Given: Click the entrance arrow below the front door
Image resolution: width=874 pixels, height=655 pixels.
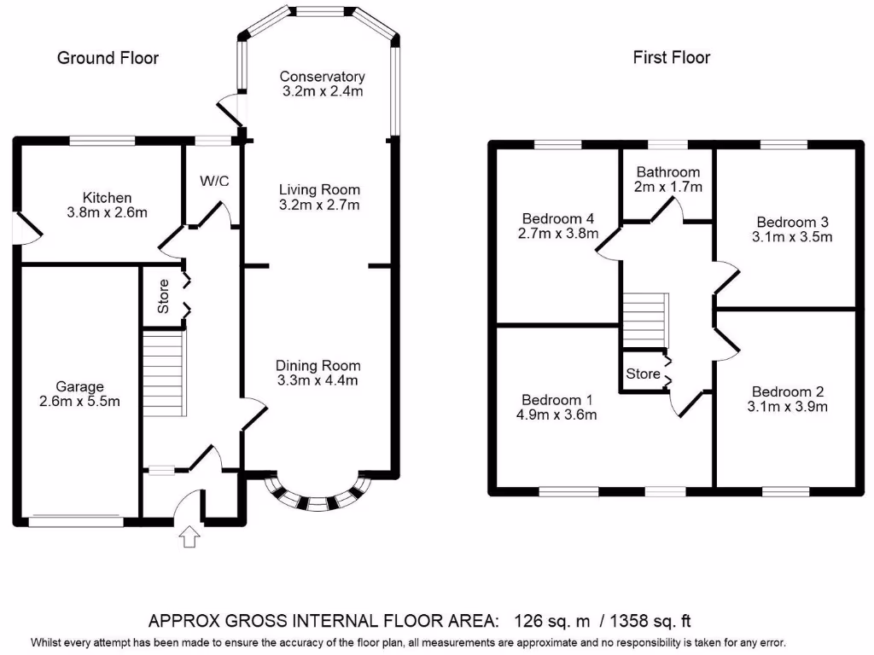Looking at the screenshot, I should point(189,536).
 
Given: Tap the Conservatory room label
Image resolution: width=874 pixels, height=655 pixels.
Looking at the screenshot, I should point(323,77).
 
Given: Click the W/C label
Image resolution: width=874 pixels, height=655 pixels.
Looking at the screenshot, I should point(214,181).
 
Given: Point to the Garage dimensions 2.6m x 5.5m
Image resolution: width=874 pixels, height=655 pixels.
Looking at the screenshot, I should point(78,402).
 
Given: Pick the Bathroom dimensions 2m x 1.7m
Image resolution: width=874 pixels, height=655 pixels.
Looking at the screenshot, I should point(667,187).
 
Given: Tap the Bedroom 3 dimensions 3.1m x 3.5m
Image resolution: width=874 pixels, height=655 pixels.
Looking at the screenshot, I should point(790,237).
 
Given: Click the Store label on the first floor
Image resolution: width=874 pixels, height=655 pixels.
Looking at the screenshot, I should point(643,374).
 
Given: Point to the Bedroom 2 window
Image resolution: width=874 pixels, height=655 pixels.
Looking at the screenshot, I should point(785,491).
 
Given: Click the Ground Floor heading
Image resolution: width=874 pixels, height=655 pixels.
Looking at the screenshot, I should point(108,58).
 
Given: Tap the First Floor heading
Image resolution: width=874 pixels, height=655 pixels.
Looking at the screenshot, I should point(671,58).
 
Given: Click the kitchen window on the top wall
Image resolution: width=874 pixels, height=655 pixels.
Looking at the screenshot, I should point(102,140).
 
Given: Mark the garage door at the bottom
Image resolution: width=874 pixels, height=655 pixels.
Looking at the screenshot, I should point(76,517).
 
